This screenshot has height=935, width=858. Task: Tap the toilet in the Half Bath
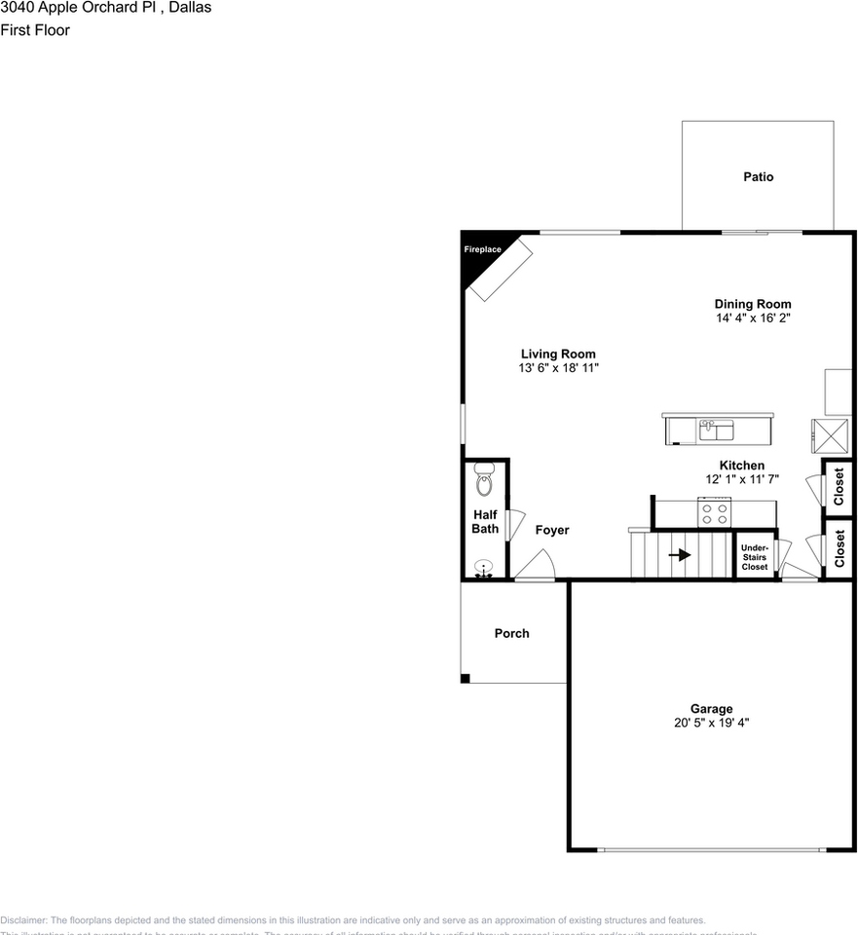[x=485, y=481]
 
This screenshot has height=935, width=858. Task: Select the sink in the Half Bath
[x=484, y=568]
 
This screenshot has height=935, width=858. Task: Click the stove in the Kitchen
[x=714, y=511]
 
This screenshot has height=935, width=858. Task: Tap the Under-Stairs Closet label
[x=755, y=557]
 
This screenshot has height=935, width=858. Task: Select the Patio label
[x=758, y=177]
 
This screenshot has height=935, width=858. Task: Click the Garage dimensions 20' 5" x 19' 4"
[x=712, y=723]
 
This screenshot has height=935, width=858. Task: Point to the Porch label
[x=511, y=633]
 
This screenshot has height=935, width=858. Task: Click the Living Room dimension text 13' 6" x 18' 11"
[x=558, y=368]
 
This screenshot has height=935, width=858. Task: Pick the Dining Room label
[x=753, y=304]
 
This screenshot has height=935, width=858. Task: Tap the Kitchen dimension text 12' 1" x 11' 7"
[x=742, y=479]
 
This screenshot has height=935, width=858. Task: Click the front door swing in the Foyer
[x=535, y=565]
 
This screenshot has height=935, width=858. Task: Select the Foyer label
[x=552, y=530]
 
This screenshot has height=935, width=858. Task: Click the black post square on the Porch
[x=466, y=679]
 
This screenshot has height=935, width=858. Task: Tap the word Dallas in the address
[x=189, y=8]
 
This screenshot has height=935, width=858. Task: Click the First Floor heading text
[x=35, y=29]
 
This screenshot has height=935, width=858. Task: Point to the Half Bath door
[x=515, y=526]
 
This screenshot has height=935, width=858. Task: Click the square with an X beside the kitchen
[x=831, y=434]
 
